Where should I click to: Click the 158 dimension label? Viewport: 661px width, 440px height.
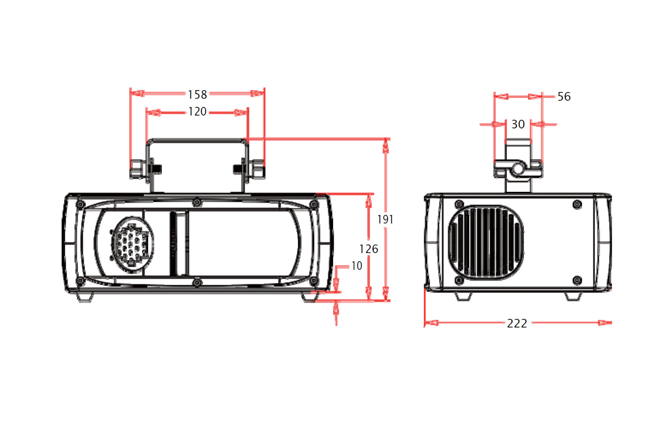[x=197, y=95]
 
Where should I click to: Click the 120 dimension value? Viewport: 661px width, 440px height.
[x=197, y=112]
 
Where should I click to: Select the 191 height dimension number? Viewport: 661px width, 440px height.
[x=385, y=219]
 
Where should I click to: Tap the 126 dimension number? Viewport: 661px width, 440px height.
[x=368, y=249]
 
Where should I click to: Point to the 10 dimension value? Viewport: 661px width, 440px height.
[x=356, y=266]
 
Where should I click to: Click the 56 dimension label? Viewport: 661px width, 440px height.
[x=564, y=97]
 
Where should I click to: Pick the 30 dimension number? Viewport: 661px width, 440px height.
[x=518, y=125]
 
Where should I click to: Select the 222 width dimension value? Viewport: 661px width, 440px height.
[x=517, y=323]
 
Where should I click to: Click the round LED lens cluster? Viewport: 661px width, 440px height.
[x=132, y=245]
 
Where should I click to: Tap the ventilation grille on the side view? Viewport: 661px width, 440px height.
[x=486, y=242]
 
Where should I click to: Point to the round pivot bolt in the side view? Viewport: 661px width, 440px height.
[x=518, y=169]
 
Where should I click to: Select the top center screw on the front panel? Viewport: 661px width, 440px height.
[x=197, y=202]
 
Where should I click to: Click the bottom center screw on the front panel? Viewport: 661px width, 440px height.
[x=197, y=282]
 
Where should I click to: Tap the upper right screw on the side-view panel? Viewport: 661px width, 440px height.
[x=577, y=205]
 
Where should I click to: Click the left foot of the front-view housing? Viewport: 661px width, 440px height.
[x=85, y=297]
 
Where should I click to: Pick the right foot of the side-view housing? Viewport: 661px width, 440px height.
[x=573, y=297]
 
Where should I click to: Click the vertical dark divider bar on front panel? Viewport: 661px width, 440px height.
[x=178, y=243]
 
